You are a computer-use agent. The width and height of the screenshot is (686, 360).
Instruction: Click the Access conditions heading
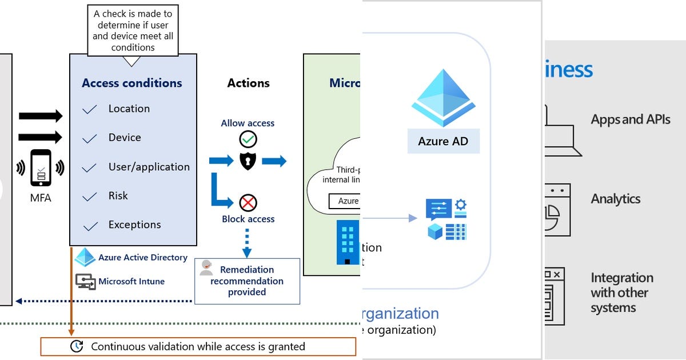tap(131, 83)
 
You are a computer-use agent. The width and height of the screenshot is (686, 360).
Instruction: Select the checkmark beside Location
tap(89, 109)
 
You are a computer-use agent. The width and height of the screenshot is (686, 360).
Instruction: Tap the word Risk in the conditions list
tap(118, 195)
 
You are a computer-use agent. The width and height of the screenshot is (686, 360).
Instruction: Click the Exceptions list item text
tap(134, 225)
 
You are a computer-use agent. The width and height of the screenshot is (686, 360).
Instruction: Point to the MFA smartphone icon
tap(41, 167)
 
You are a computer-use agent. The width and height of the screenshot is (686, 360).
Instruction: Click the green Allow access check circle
tap(248, 139)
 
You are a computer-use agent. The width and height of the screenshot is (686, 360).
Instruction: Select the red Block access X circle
tap(248, 203)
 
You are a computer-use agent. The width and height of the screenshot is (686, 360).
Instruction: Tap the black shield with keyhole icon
tap(248, 161)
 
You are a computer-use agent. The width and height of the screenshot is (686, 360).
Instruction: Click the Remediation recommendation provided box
tap(247, 281)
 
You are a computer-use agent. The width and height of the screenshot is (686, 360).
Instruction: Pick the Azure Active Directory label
tap(142, 258)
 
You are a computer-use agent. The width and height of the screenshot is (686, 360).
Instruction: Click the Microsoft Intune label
tap(131, 281)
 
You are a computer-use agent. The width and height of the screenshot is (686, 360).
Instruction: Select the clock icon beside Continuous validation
tap(76, 346)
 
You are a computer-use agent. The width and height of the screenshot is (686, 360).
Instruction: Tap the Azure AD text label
tap(443, 141)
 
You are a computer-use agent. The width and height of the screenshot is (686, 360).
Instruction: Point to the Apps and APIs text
tap(631, 119)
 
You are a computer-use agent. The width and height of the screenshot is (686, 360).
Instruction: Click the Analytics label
tap(616, 199)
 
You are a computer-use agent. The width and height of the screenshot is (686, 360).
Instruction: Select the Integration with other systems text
tap(621, 293)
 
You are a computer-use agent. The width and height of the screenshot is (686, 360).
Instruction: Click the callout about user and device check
tap(133, 30)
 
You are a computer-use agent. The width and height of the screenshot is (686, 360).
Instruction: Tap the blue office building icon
tap(348, 242)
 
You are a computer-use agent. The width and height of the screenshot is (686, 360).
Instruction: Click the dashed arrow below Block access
tap(247, 242)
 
